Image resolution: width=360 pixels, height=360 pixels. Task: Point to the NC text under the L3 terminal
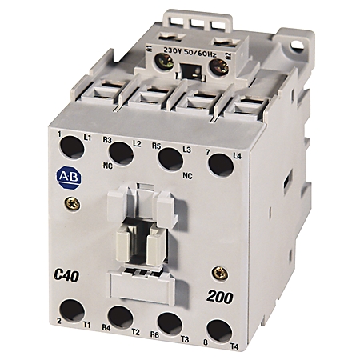tap(188, 174)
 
